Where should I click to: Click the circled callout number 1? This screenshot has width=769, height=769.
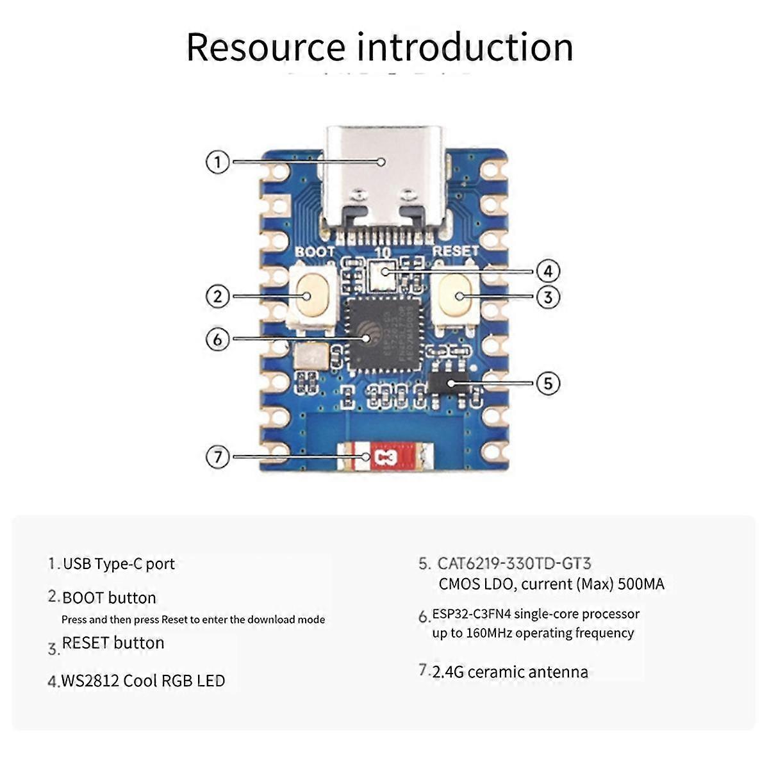click(x=218, y=162)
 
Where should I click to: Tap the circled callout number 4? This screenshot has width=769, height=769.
click(x=548, y=271)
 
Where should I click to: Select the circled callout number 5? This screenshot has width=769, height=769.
click(x=548, y=383)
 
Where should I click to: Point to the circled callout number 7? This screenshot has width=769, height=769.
click(x=218, y=457)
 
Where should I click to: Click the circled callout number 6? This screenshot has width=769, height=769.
click(x=218, y=338)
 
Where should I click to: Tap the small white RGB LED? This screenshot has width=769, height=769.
click(x=383, y=274)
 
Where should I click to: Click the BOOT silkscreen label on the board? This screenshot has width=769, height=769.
click(x=315, y=252)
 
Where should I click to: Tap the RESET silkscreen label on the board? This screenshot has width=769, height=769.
click(x=455, y=251)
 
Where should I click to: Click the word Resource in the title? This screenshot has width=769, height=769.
click(x=265, y=47)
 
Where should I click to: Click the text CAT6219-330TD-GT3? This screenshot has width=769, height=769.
click(x=514, y=563)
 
